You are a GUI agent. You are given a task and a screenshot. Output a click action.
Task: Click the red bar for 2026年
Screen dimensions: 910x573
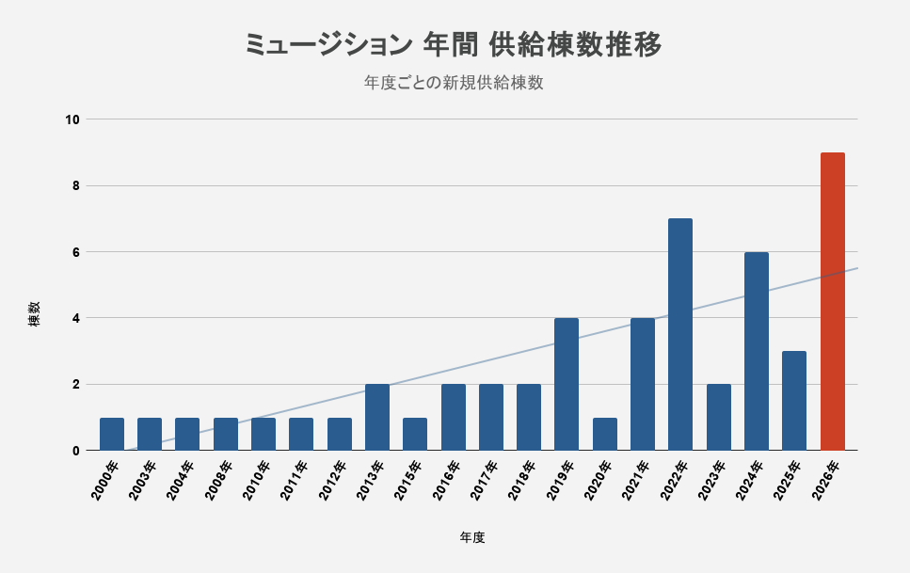point(832,301)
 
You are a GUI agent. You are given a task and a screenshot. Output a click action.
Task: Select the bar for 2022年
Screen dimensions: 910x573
point(680,334)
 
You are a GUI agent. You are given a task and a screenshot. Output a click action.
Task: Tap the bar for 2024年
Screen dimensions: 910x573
point(757,351)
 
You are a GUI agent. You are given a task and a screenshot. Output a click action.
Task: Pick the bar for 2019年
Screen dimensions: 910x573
point(567,384)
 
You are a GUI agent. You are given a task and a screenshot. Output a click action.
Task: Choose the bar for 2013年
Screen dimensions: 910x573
point(377,418)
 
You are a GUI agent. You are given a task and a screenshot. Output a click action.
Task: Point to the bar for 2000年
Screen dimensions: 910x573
point(112,435)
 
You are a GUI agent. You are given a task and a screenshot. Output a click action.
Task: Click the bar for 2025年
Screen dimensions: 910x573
point(794,401)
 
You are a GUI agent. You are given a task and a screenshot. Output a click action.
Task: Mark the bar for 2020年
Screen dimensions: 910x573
point(605,435)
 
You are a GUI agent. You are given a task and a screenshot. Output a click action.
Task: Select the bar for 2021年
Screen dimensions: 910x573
point(643,384)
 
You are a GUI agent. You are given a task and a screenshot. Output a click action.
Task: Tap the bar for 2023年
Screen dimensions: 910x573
point(718,418)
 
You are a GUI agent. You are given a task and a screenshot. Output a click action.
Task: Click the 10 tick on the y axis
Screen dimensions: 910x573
point(72,119)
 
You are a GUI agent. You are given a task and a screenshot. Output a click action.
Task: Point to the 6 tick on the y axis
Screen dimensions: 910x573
point(76,252)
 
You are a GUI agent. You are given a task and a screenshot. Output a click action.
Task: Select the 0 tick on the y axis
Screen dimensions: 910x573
point(76,451)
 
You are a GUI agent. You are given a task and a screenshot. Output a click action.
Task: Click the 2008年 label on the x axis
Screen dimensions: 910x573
point(217,480)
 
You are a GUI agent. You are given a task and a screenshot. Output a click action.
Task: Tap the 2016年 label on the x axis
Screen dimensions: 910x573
point(445,480)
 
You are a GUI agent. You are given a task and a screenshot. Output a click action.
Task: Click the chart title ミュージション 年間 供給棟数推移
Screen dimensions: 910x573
point(454,45)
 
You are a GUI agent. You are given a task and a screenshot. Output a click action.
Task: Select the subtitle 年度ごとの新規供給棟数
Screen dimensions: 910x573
point(454,83)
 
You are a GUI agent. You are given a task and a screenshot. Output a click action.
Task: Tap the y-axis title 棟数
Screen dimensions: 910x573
point(35,313)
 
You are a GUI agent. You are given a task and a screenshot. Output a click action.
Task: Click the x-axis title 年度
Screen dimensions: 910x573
point(472,537)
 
